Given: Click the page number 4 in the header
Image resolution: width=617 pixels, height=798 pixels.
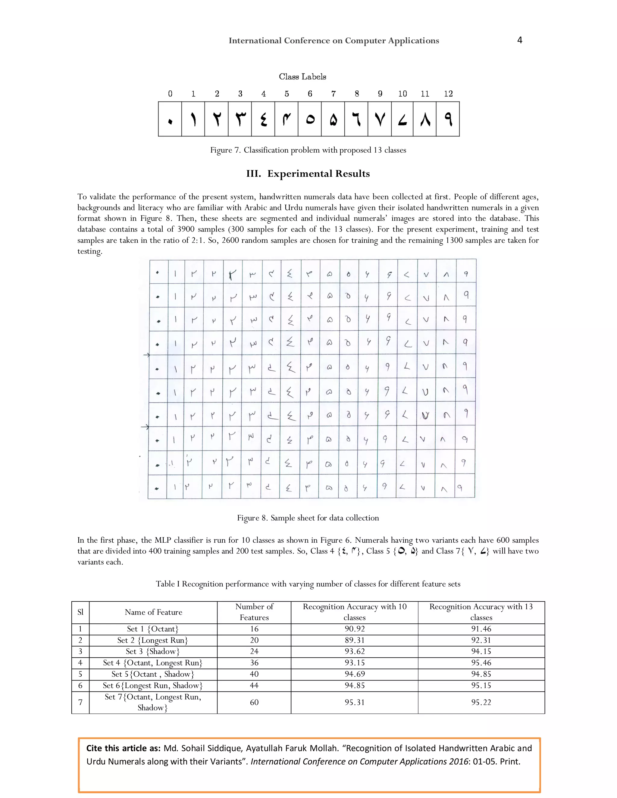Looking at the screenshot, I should pyautogui.click(x=519, y=40).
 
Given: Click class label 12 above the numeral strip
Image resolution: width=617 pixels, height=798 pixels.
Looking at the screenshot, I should pyautogui.click(x=448, y=94).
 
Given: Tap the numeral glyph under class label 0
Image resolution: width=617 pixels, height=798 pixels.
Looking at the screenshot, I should pyautogui.click(x=170, y=120).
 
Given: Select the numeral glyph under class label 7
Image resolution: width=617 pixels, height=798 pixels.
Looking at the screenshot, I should pyautogui.click(x=333, y=120).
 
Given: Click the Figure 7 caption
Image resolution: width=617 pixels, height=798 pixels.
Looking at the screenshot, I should pyautogui.click(x=308, y=150).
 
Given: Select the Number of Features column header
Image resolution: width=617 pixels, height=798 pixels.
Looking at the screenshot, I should pyautogui.click(x=254, y=612).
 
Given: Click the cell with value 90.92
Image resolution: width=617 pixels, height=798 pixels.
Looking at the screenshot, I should pyautogui.click(x=354, y=629).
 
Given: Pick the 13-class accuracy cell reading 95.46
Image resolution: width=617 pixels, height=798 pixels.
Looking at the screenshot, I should pyautogui.click(x=481, y=662).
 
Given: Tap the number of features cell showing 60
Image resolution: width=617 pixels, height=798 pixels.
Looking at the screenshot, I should pyautogui.click(x=254, y=702).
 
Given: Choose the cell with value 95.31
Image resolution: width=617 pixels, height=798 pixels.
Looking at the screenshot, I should pyautogui.click(x=354, y=702).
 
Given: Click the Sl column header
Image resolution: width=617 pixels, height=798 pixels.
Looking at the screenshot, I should pyautogui.click(x=80, y=612).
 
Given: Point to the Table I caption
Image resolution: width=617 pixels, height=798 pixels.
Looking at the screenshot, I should pyautogui.click(x=308, y=584).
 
